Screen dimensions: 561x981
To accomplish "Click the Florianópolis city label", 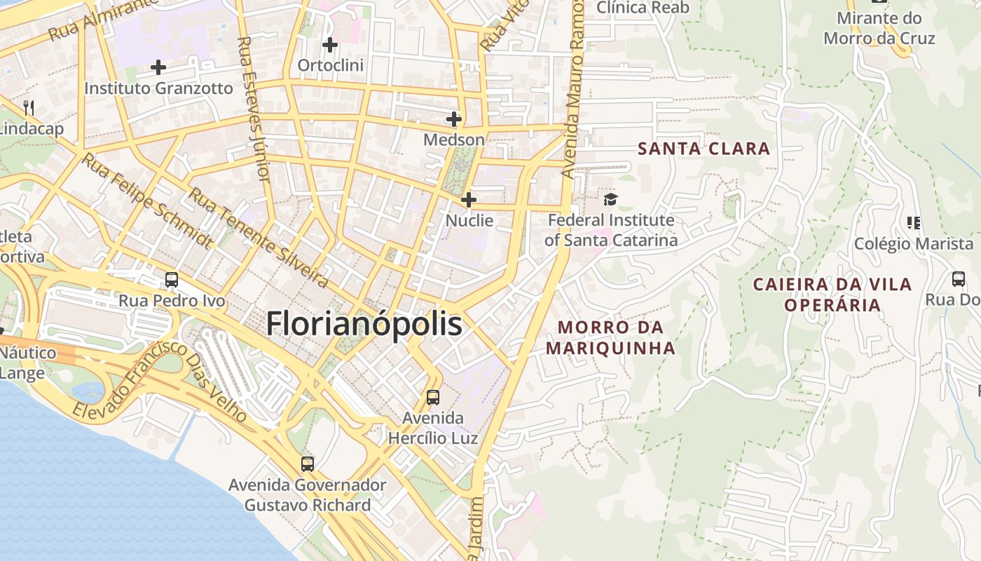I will coord(364,324).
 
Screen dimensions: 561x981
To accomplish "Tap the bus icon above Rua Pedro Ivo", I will coord(172,280).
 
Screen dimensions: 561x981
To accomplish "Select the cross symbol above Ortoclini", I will coord(330,46).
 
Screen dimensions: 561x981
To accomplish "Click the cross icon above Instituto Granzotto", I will coord(158,67).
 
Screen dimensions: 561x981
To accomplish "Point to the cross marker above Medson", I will coord(454,119).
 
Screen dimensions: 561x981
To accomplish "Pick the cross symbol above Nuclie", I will coord(469,200).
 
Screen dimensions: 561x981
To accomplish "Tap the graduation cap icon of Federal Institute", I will coord(610,200).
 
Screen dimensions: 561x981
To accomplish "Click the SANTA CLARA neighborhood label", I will coord(704,149).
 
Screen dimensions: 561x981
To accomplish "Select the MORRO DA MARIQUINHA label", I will coord(610,337).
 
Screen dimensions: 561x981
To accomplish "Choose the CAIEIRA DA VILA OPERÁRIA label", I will coord(832,295).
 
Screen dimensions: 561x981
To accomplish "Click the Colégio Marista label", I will coord(914,244).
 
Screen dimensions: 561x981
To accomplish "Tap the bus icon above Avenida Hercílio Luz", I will coord(433,398).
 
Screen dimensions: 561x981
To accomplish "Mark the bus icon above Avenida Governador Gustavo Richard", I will coord(308,464).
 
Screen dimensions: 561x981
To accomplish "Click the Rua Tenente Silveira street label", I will coord(259,238).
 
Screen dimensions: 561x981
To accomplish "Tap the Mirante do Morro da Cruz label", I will coord(879,28).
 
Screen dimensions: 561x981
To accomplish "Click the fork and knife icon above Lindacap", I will coord(29,108).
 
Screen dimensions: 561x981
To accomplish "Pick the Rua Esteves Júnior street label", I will coord(254,109).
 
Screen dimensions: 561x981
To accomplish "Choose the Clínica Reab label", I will coord(643,8).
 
